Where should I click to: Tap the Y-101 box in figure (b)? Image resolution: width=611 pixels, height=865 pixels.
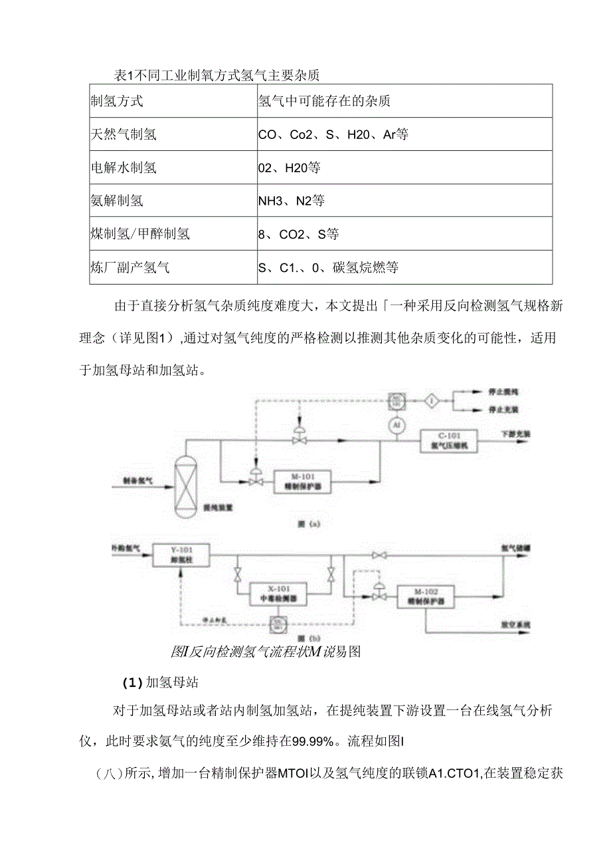pos(181,555)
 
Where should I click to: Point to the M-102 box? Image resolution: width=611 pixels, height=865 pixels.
pos(426,596)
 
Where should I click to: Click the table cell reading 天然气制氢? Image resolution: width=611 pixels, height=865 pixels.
pos(124,134)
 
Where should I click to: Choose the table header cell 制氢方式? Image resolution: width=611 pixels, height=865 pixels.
pos(117,101)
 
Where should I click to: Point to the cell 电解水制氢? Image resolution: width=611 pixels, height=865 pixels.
pos(124,168)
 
